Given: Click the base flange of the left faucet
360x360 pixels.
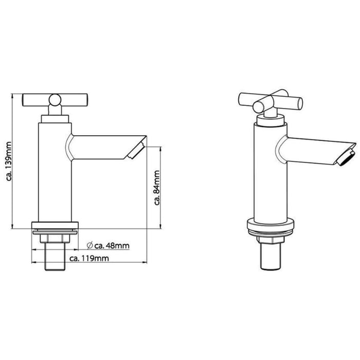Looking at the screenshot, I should click(x=55, y=226).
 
